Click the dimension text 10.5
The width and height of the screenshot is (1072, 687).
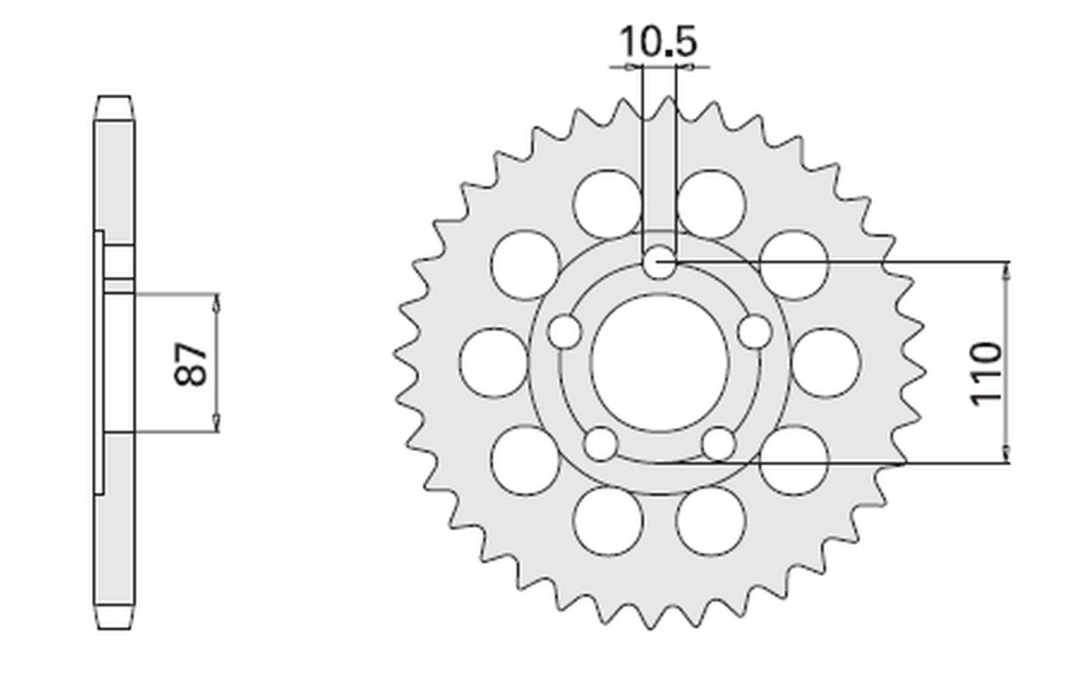click(x=658, y=42)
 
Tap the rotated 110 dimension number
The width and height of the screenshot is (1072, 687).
click(x=986, y=373)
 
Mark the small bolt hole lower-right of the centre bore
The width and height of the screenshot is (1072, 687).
click(x=718, y=443)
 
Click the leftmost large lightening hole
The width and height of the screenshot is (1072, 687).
click(x=493, y=362)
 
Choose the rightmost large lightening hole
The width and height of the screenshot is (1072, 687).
click(x=825, y=362)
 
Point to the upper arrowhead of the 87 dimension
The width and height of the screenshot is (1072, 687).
click(x=215, y=302)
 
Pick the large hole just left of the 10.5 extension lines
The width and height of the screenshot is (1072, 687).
click(x=607, y=203)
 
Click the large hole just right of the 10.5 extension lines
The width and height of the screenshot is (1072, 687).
click(x=710, y=203)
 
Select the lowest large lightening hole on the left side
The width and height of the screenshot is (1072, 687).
click(x=607, y=521)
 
